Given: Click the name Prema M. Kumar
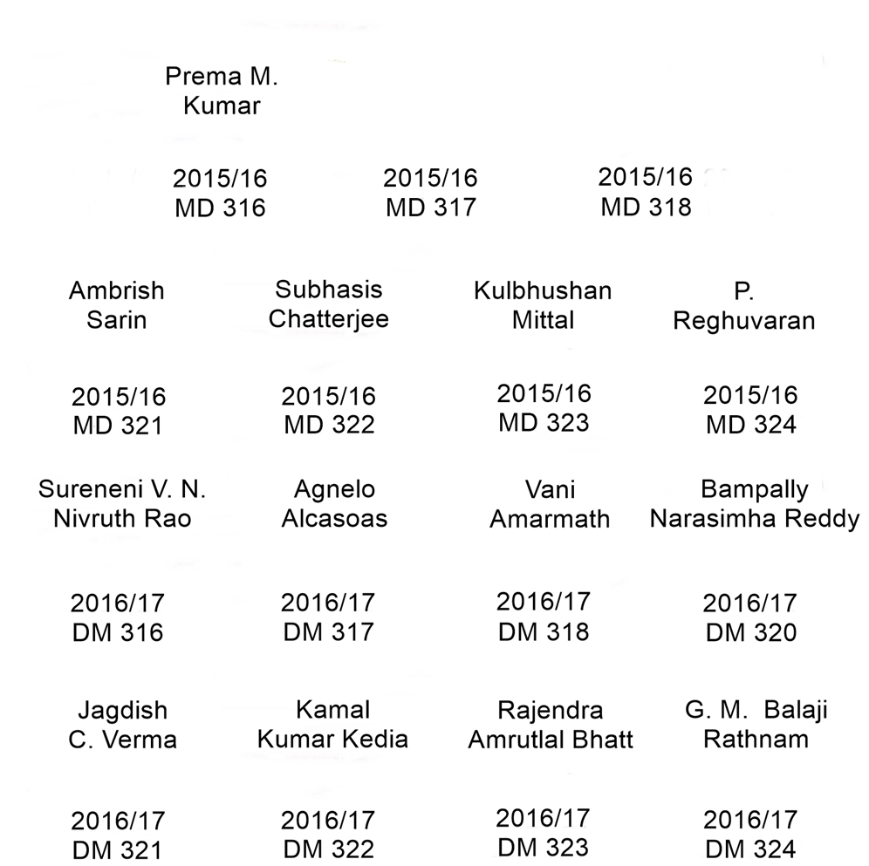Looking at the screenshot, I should [x=222, y=92].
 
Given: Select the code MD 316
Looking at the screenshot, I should [x=220, y=208].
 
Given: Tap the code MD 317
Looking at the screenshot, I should [x=431, y=208].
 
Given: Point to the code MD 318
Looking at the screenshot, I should [x=646, y=207].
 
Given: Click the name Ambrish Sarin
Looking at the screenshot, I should [x=117, y=305].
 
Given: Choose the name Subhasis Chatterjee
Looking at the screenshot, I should [x=329, y=304].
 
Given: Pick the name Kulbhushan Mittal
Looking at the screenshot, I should [x=543, y=305].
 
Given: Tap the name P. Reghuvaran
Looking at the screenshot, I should [x=744, y=306].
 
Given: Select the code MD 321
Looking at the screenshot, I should [x=118, y=426].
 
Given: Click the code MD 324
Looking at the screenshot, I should [x=750, y=426].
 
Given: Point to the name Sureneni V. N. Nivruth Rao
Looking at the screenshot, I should [x=122, y=503].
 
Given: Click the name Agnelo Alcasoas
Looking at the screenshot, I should [x=334, y=503].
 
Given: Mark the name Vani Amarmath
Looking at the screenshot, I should [x=550, y=504].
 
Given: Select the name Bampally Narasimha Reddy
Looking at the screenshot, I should [x=755, y=504].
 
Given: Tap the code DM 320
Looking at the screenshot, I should [x=750, y=632].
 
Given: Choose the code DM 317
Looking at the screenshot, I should [x=328, y=631].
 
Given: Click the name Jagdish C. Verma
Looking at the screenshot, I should [x=122, y=726].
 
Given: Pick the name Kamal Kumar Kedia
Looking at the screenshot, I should [x=332, y=724].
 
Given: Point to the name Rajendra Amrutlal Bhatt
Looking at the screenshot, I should [x=551, y=725].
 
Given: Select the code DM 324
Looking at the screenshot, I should [x=750, y=849].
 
